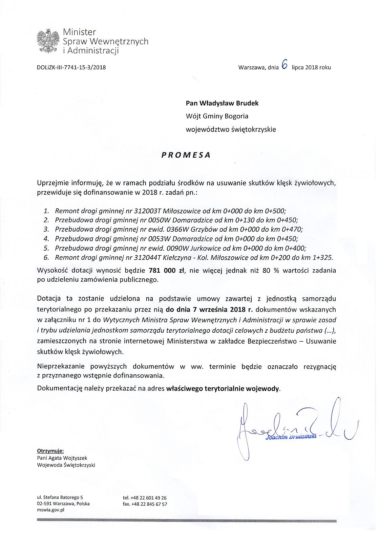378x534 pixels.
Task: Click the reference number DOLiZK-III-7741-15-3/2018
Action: point(71,67)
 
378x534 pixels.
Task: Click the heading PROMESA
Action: point(186,155)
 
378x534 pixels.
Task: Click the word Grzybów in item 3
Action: point(202,229)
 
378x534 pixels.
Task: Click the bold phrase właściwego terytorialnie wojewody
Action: point(223,389)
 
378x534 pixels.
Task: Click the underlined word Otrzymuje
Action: point(50,451)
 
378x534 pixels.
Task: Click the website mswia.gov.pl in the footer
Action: point(51,510)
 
